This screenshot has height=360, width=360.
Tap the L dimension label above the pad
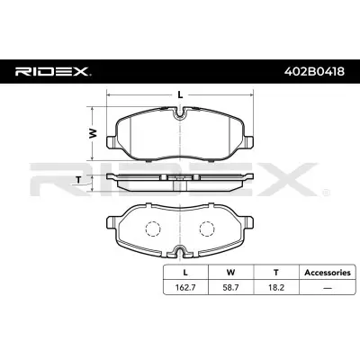(x=180, y=94)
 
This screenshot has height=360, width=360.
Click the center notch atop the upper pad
(x=180, y=112)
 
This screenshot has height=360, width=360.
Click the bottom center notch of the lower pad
(x=180, y=251)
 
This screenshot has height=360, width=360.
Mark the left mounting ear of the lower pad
(x=112, y=219)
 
